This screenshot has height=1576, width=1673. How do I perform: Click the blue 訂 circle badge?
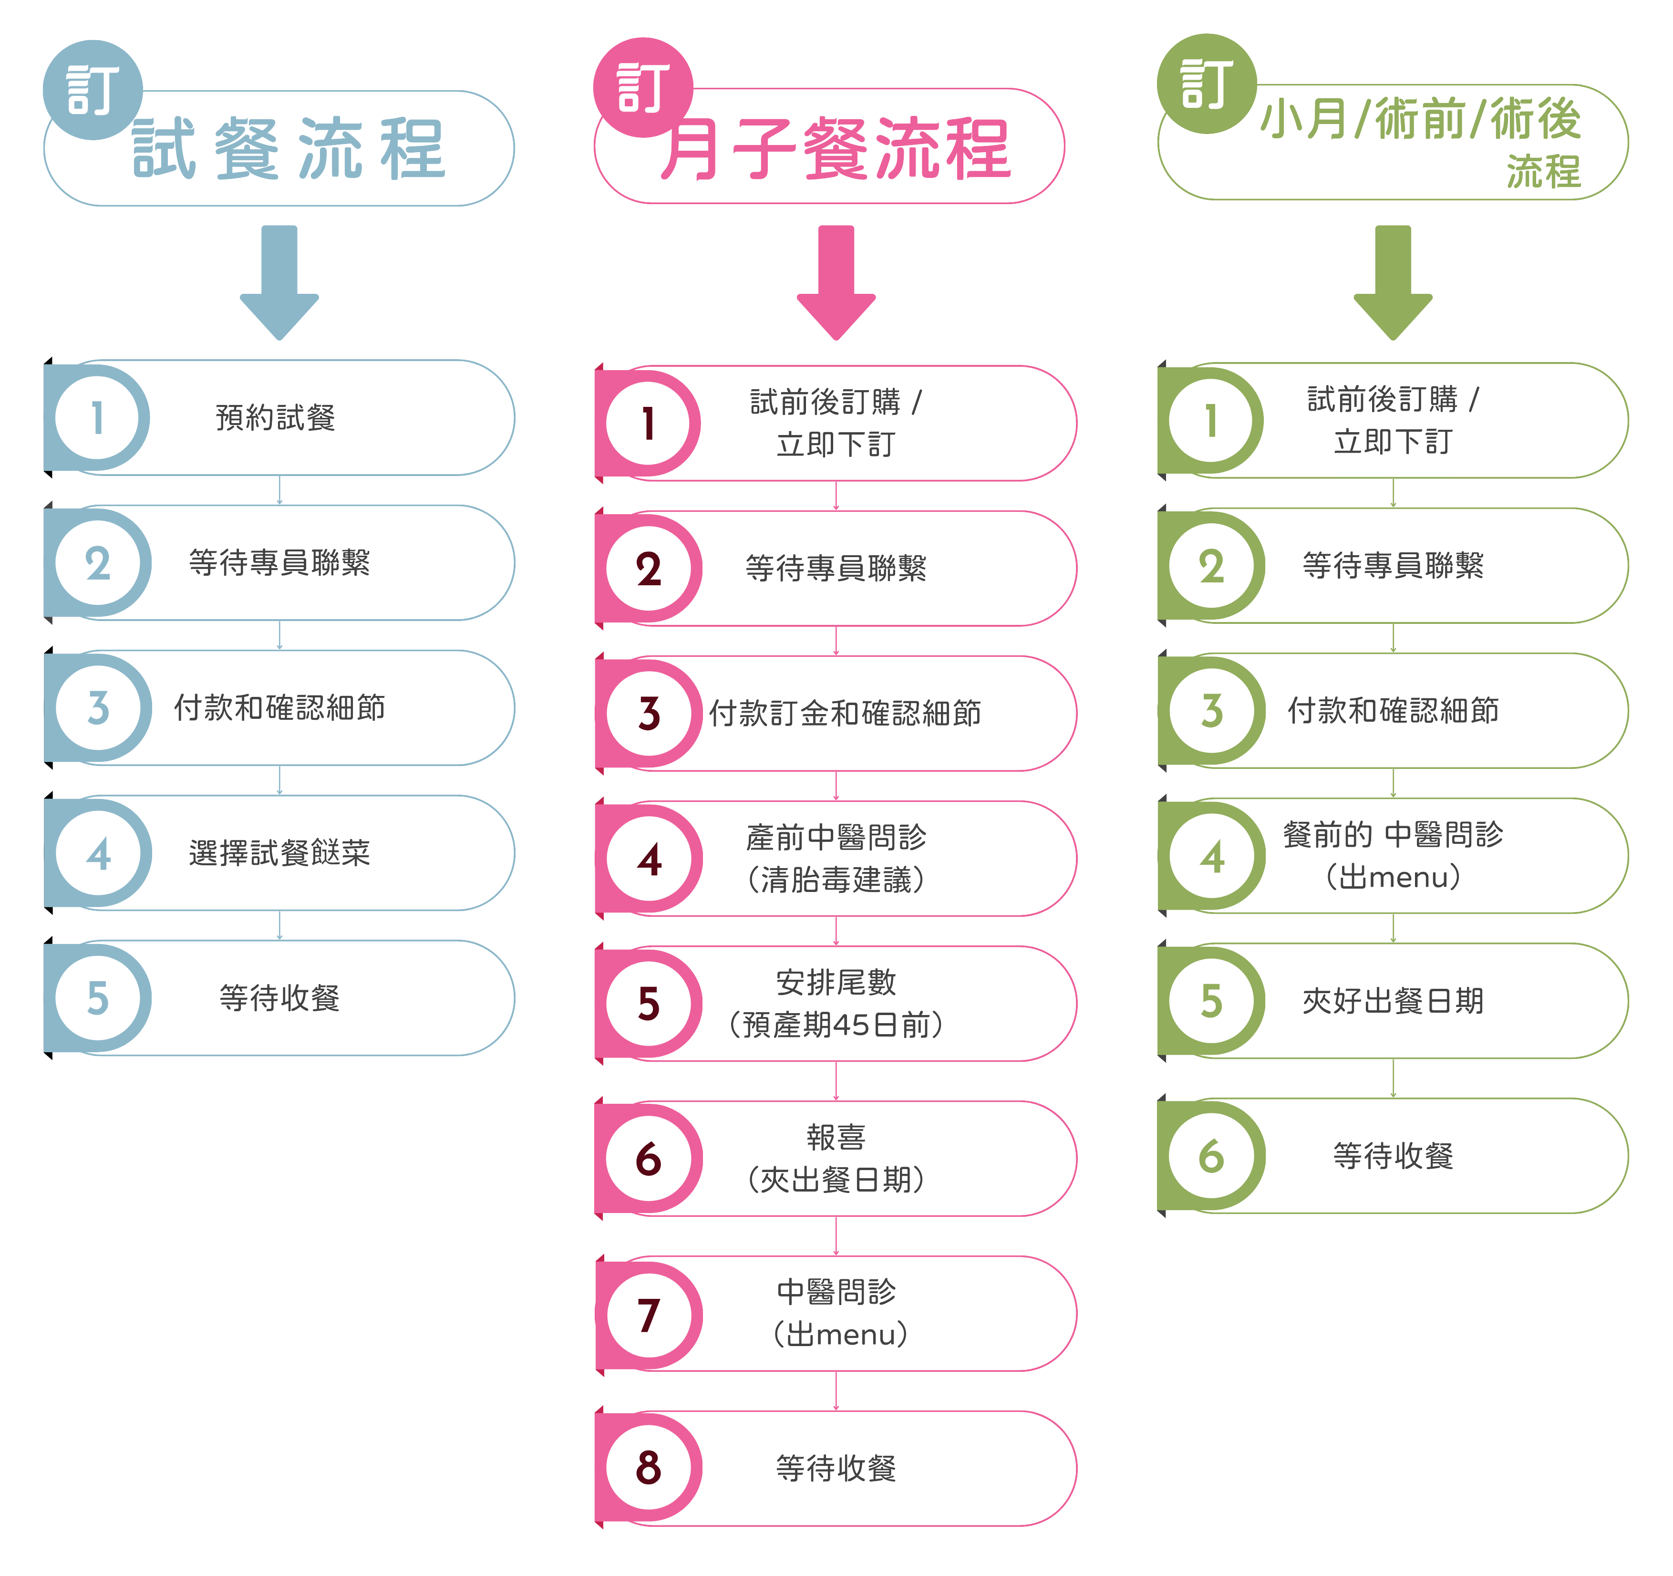point(93,89)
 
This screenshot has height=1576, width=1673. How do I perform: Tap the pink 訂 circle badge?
point(643,87)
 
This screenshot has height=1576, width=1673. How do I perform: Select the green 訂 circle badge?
point(1207,83)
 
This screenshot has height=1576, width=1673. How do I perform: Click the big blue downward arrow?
point(279,282)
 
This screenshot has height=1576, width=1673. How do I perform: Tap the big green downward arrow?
point(1393,282)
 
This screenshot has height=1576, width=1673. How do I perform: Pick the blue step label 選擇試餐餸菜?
point(279,853)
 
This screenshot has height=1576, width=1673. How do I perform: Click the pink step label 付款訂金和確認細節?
point(845,713)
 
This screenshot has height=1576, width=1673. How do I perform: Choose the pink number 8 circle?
point(648,1467)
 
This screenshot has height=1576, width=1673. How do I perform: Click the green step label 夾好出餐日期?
point(1393,1001)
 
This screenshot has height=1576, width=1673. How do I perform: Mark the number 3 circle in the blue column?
point(98,708)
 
